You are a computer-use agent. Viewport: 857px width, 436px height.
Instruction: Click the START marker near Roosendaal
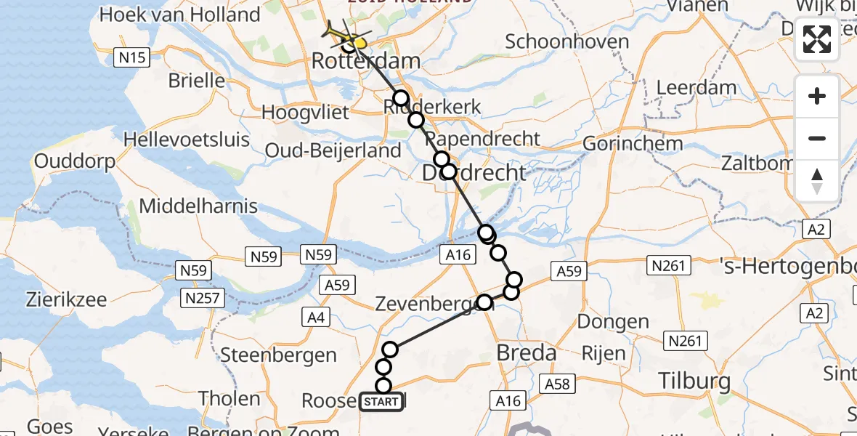pos(381,402)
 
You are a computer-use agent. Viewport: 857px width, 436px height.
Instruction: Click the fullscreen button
pos(817,39)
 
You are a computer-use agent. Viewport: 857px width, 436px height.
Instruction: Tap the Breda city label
pos(526,354)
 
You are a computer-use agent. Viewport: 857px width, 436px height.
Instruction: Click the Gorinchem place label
pos(633,143)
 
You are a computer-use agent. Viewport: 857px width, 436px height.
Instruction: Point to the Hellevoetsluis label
pos(186,140)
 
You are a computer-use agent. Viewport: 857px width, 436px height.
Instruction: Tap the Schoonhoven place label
pos(566,41)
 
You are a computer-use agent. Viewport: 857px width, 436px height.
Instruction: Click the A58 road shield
pos(559,384)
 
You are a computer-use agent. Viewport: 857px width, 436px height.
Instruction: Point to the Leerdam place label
pos(696,88)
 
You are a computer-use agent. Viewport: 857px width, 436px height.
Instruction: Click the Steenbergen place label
pos(278,355)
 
